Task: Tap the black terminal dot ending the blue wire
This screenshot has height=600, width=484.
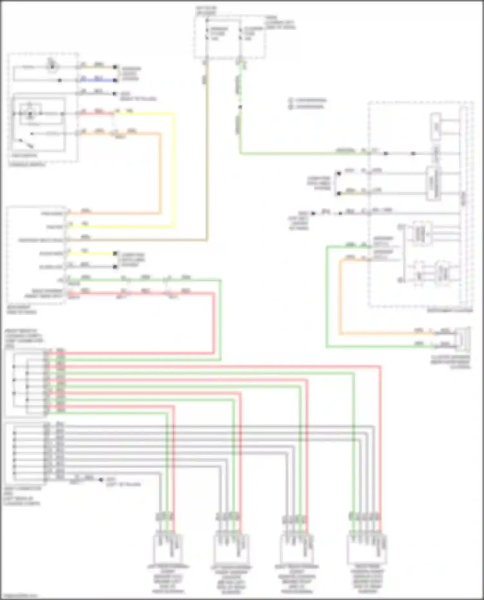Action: click(115, 80)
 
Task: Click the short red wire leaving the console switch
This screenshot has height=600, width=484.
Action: click(97, 113)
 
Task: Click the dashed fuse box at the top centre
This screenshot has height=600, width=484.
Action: click(230, 37)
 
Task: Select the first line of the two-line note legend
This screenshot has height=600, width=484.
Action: click(308, 100)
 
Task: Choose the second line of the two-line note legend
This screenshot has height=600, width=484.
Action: click(308, 106)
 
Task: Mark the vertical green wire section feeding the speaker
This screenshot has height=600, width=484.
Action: click(327, 297)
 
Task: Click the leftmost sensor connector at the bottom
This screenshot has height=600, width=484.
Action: click(167, 548)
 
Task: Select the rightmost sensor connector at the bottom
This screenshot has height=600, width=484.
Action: click(367, 548)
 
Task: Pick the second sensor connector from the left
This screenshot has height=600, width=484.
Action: click(231, 548)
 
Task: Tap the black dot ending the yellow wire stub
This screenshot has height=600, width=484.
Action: click(115, 253)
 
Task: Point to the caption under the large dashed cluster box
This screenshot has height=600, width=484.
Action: click(450, 310)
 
